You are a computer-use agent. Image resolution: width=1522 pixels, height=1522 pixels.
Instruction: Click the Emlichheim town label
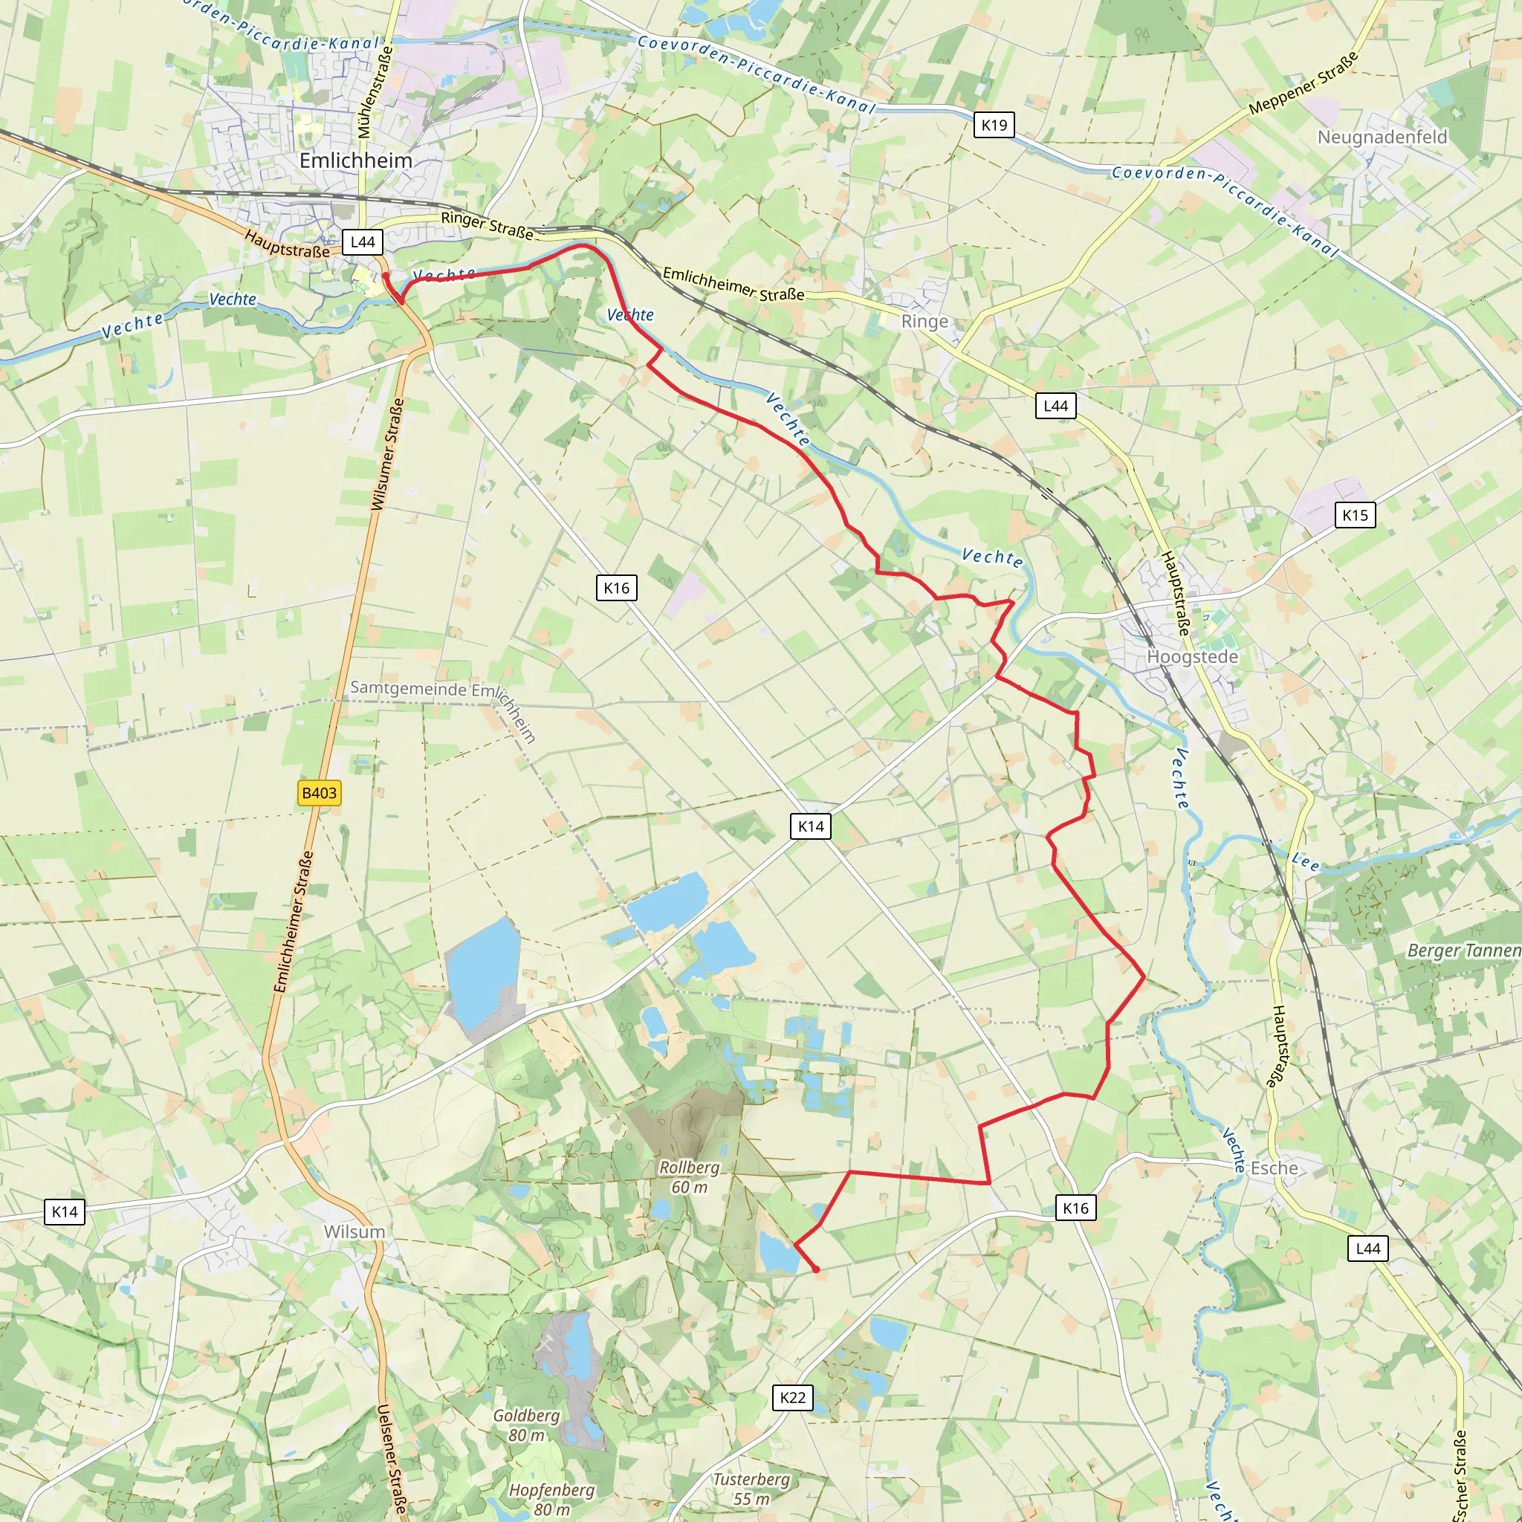pyautogui.click(x=355, y=161)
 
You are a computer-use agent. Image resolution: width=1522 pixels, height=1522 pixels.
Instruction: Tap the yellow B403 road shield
pyautogui.click(x=319, y=792)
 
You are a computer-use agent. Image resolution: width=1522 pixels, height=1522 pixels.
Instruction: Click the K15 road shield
pyautogui.click(x=1355, y=514)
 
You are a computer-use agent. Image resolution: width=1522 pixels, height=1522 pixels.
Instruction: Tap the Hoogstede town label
pyautogui.click(x=1192, y=656)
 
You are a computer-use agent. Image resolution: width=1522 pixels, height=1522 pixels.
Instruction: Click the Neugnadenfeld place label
pyautogui.click(x=1382, y=137)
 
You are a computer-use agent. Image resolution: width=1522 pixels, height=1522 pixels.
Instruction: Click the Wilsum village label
pyautogui.click(x=354, y=1231)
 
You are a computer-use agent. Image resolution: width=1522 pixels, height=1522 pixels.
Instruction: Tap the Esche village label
pyautogui.click(x=1274, y=1168)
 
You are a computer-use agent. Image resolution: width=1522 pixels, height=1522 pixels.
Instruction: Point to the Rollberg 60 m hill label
pyautogui.click(x=690, y=1177)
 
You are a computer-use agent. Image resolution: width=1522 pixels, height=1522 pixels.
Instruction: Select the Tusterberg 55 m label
pyautogui.click(x=751, y=1488)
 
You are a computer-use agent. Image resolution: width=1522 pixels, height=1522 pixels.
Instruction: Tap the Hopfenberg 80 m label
pyautogui.click(x=551, y=1499)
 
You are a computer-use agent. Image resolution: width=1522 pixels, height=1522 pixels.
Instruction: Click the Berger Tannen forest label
pyautogui.click(x=1464, y=950)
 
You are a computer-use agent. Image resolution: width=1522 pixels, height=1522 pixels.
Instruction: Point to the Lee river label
pyautogui.click(x=1305, y=862)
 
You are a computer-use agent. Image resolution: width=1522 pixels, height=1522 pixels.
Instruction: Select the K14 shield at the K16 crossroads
pyautogui.click(x=811, y=826)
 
